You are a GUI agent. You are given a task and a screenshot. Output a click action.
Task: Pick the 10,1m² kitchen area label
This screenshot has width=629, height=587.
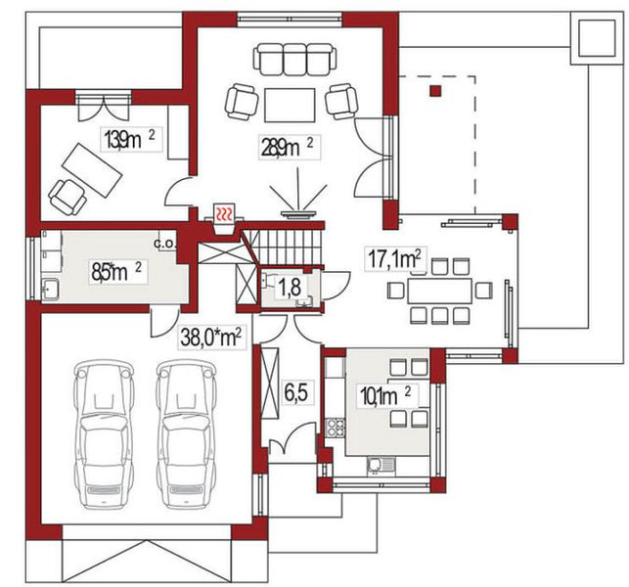tap(385, 395)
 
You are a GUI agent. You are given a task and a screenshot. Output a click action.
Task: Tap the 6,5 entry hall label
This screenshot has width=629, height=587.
tap(296, 393)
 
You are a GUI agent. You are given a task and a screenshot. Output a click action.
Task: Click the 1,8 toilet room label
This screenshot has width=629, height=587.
tap(290, 287)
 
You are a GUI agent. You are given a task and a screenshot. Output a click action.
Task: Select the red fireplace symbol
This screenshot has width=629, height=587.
tap(224, 212)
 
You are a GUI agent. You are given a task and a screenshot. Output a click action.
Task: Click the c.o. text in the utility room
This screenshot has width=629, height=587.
tap(165, 244)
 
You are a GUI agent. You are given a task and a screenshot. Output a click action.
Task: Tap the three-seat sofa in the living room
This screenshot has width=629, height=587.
tap(294, 60)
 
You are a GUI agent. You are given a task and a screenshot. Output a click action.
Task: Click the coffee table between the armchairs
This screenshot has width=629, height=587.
tap(290, 105)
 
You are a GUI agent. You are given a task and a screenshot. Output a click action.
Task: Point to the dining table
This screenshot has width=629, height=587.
tap(439, 291)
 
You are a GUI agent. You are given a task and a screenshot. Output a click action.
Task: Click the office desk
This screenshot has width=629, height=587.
tap(92, 170)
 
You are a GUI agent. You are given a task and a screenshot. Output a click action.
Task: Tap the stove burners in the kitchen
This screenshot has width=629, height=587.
tap(335, 427)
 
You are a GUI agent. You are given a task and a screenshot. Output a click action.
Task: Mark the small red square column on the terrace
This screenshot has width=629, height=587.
tap(435, 91)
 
